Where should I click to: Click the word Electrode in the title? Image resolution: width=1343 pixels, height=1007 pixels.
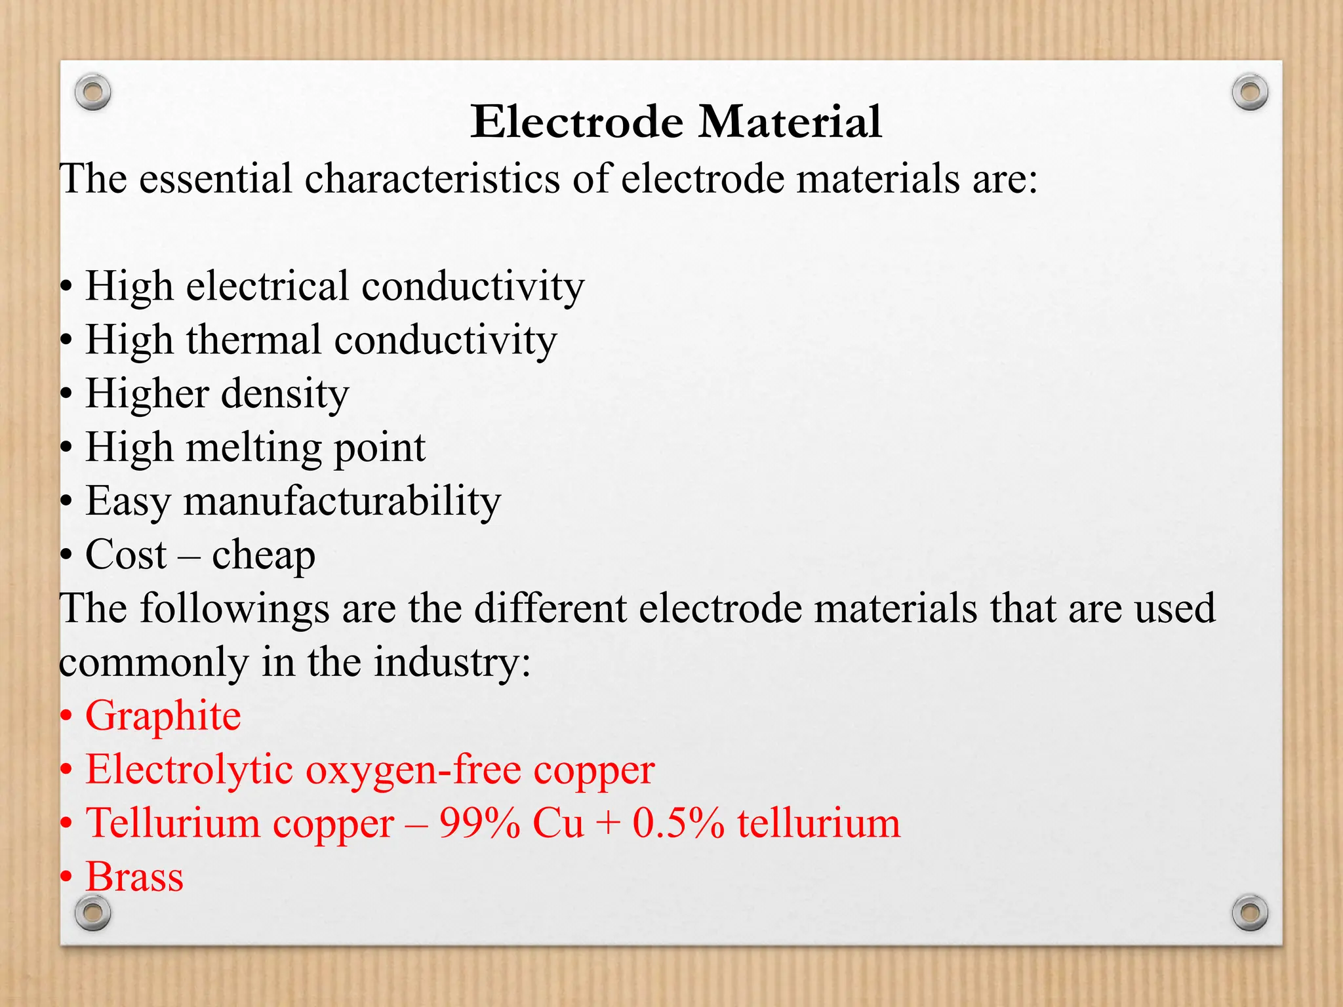(577, 122)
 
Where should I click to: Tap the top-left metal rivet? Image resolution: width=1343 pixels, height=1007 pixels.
(92, 92)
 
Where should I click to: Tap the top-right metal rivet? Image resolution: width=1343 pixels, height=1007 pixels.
(1250, 92)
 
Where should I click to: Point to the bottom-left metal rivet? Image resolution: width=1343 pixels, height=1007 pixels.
(92, 912)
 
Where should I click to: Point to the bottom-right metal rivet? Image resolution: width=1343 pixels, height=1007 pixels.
(1250, 912)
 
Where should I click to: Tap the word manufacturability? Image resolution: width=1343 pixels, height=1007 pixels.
(342, 502)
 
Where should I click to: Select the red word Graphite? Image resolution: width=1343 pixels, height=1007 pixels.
(163, 716)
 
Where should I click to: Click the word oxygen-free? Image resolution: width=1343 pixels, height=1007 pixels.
(412, 770)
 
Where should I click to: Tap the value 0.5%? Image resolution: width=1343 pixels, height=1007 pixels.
(678, 823)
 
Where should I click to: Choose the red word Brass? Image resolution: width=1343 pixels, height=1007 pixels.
(134, 877)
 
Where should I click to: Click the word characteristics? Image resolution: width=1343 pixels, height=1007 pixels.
(432, 179)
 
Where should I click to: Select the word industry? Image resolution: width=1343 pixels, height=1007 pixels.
(451, 662)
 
